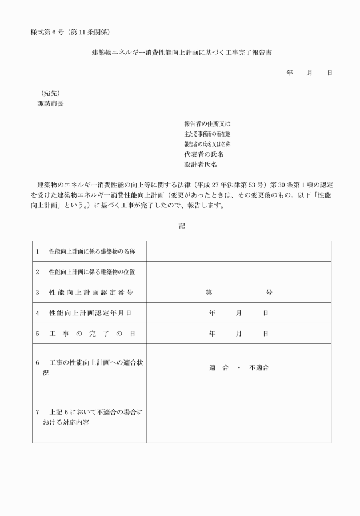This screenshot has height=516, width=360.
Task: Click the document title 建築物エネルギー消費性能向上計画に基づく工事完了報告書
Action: point(182,53)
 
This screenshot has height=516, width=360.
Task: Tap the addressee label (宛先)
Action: point(50,93)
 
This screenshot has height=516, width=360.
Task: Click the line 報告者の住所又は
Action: point(206,123)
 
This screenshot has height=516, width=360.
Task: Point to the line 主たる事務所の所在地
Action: point(207,134)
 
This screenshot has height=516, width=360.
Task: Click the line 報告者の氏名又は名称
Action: point(207,144)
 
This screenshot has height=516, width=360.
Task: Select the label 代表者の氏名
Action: point(203,154)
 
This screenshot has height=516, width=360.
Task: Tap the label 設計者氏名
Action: point(200,165)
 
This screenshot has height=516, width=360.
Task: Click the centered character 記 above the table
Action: point(182,226)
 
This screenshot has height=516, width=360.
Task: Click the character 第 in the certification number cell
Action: point(209,293)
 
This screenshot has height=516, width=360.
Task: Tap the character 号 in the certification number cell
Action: point(269,293)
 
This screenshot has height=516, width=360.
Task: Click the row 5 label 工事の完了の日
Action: point(91,334)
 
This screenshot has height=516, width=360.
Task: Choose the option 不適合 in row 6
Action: point(259,367)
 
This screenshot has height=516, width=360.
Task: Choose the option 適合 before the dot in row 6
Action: point(219,367)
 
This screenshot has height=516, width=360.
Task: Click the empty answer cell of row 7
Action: point(238,417)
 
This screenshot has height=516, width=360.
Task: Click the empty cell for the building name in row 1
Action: point(238,251)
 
